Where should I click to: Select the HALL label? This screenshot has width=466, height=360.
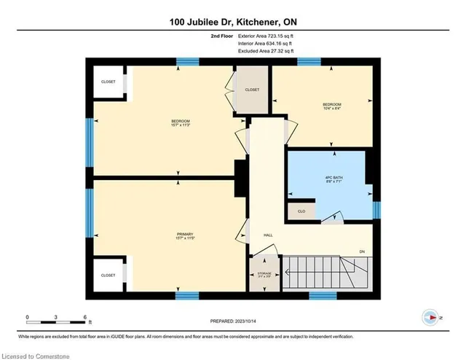click(267, 235)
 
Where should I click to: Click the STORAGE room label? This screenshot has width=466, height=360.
click(264, 274)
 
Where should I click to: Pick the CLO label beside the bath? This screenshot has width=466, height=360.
click(301, 211)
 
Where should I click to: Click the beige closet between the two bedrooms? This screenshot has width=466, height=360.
click(252, 89)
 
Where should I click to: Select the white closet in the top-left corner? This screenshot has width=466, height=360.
click(108, 82)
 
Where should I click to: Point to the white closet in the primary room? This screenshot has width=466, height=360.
click(108, 275)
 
